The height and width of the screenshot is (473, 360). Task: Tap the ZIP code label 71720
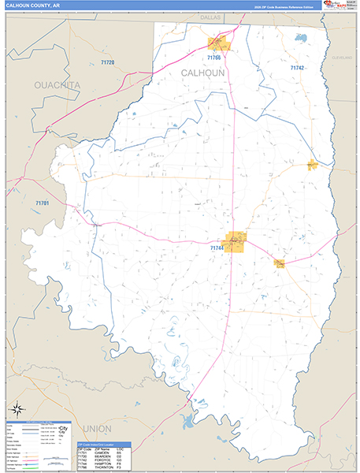coord(106,62)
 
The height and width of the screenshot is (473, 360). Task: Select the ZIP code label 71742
coord(296,68)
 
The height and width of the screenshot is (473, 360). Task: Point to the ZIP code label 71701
coord(42,203)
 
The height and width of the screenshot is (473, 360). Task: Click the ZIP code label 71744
coord(217,248)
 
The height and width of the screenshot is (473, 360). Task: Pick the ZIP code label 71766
coord(214,58)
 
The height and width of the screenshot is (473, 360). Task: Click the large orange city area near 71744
coord(235,241)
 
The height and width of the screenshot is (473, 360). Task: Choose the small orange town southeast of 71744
coord(279,263)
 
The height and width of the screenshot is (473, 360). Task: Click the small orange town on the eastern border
coord(313,165)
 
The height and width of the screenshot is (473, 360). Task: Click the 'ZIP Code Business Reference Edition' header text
coord(288,6)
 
